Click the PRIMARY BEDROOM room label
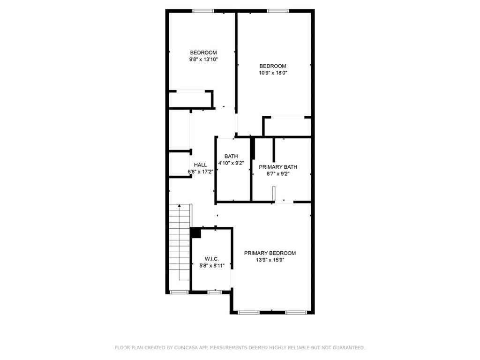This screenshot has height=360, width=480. (270, 253)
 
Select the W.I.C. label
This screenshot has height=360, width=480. (212, 259)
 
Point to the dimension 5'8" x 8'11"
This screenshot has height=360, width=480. (212, 265)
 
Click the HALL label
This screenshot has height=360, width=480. (200, 165)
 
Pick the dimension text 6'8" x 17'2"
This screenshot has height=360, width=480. (200, 172)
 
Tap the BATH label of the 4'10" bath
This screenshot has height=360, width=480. (231, 157)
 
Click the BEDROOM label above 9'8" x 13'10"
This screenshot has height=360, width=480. (203, 52)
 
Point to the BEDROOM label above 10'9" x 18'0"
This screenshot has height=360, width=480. (273, 66)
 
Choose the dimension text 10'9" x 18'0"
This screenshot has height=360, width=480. (273, 73)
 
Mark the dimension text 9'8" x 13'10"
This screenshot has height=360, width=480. (203, 60)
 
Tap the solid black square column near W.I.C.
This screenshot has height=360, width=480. (195, 233)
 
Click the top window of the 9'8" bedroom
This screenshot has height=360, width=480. (203, 11)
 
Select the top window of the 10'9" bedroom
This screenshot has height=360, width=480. (278, 11)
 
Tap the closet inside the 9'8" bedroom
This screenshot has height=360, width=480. (190, 99)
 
